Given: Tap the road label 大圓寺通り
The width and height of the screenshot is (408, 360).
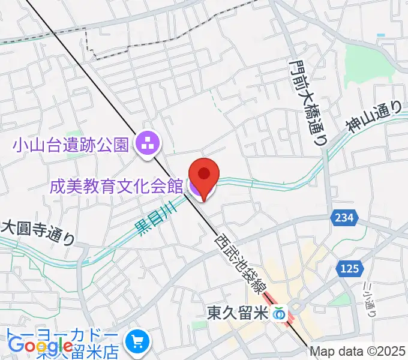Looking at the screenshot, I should click(37, 233).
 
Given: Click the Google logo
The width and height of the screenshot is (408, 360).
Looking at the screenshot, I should click(40, 346).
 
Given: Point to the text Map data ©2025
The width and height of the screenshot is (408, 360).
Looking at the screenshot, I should click(358, 352).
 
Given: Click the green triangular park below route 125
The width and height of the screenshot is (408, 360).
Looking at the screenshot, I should click(340, 299).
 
